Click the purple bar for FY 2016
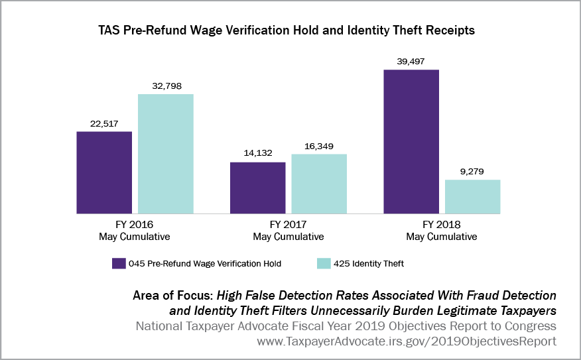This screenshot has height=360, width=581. click(104, 172)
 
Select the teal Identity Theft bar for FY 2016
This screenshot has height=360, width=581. click(166, 153)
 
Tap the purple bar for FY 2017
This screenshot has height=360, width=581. click(258, 187)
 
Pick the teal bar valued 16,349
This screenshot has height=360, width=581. click(319, 183)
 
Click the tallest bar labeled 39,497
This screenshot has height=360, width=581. click(411, 141)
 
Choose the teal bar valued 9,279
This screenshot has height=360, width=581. click(473, 196)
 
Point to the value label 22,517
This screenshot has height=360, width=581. click(104, 123)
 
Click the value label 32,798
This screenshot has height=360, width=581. click(166, 86)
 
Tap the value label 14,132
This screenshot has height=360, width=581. click(258, 153)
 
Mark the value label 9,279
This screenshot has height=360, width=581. click(473, 171)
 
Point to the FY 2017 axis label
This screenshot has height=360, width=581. click(289, 225)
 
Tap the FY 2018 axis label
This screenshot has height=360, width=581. click(442, 225)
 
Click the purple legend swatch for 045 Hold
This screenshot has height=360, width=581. click(119, 263)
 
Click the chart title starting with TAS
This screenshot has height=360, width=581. click(290, 30)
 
